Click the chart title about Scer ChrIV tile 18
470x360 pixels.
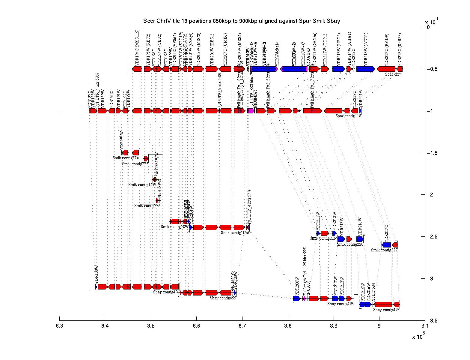242,21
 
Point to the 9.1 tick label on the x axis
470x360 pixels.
425,326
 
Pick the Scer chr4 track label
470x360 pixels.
393,74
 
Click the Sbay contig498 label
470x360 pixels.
386,310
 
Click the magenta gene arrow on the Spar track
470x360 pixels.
251,111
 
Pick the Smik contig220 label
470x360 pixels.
350,244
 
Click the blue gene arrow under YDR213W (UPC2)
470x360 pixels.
338,69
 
